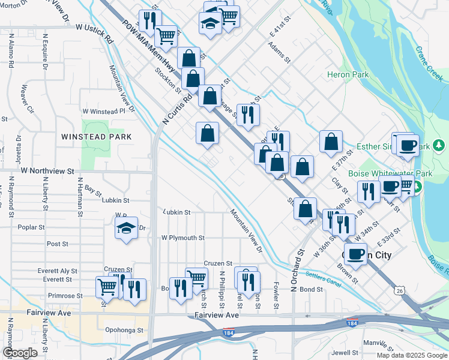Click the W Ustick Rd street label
coord(95,28)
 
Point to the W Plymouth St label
coord(182,238)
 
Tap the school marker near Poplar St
coord(126,229)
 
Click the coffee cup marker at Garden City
coord(355,254)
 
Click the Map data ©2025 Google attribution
coord(411,355)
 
